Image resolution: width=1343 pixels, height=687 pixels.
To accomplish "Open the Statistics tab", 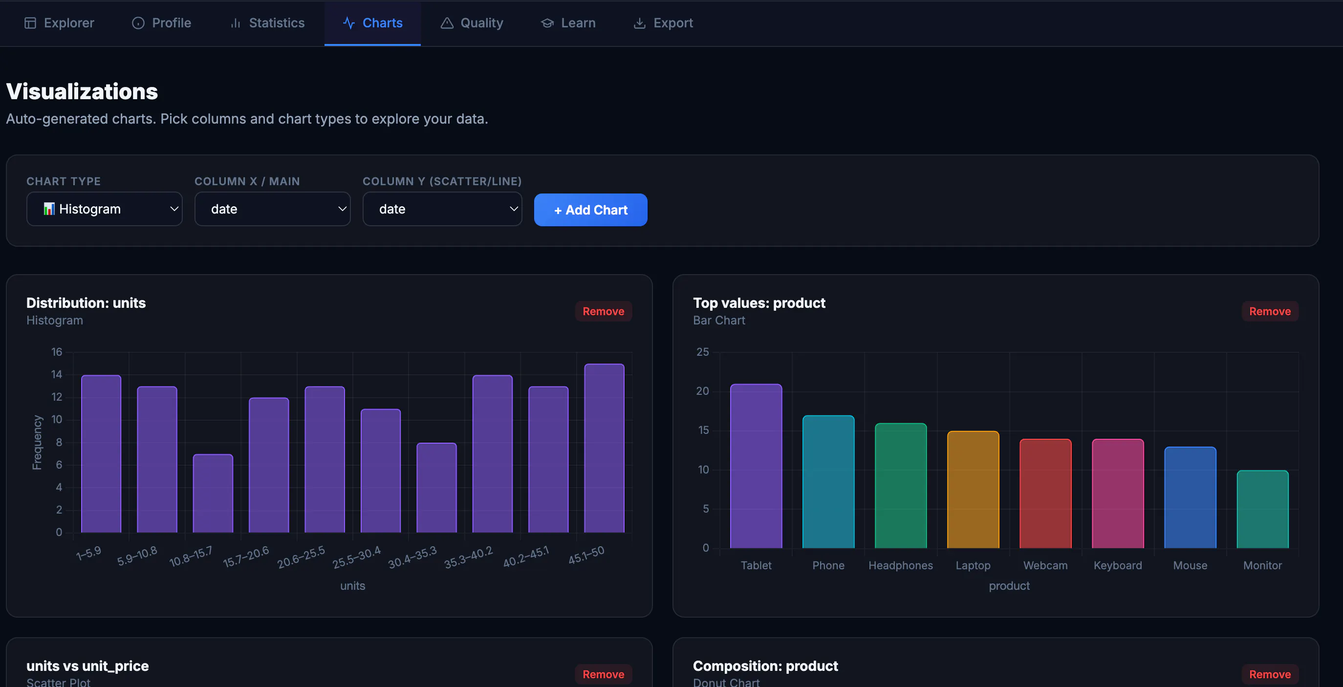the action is pyautogui.click(x=267, y=23).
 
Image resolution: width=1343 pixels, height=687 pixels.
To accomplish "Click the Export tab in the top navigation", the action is pyautogui.click(x=663, y=23).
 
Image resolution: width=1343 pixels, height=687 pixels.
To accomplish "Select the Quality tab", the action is pyautogui.click(x=472, y=23).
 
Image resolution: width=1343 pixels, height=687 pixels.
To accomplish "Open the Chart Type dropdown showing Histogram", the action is pyautogui.click(x=104, y=209).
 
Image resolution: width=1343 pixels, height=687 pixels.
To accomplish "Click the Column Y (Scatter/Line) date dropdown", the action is pyautogui.click(x=442, y=209).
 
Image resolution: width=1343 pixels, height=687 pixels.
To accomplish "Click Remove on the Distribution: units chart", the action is pyautogui.click(x=603, y=311).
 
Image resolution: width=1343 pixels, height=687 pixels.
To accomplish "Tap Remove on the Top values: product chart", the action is pyautogui.click(x=1270, y=311).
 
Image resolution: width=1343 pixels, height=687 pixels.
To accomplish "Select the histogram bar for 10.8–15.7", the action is pyautogui.click(x=213, y=493).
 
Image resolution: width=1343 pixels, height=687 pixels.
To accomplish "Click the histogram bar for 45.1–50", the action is pyautogui.click(x=604, y=448).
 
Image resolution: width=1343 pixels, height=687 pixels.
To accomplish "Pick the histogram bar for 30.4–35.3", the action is pyautogui.click(x=436, y=488).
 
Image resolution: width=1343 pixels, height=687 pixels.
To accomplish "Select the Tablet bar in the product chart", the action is pyautogui.click(x=756, y=466).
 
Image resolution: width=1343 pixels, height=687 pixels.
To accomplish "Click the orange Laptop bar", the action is pyautogui.click(x=973, y=490).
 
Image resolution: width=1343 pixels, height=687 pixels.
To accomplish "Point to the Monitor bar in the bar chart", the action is pyautogui.click(x=1262, y=509).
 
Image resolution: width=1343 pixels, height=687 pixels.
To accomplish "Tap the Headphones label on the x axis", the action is pyautogui.click(x=900, y=565).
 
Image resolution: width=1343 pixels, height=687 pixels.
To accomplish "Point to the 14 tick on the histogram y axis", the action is pyautogui.click(x=56, y=374).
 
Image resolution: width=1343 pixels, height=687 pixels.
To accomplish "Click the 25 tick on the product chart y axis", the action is pyautogui.click(x=702, y=352).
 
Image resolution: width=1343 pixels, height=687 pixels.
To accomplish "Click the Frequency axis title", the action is pyautogui.click(x=37, y=442).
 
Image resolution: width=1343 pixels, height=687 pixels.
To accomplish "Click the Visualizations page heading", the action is pyautogui.click(x=82, y=91).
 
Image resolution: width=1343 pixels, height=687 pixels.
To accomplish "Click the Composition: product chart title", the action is pyautogui.click(x=765, y=666).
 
